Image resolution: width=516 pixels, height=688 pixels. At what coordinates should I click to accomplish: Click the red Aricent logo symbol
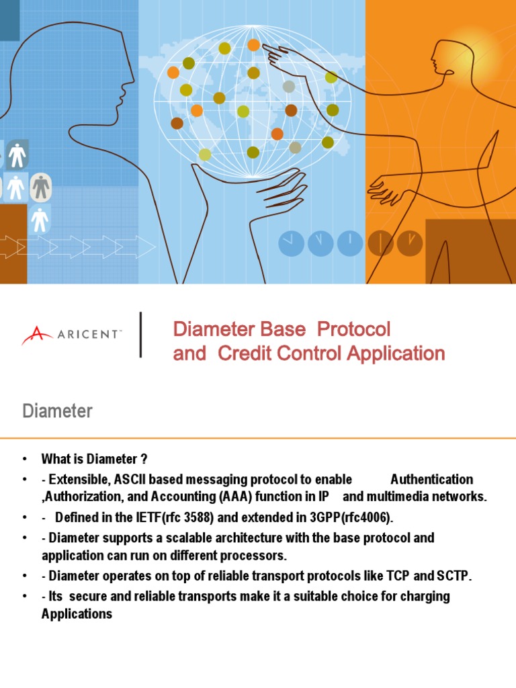tap(36, 335)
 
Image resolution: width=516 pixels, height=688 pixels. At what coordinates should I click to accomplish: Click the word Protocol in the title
tap(353, 329)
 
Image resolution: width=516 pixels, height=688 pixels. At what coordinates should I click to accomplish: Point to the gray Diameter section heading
tap(58, 411)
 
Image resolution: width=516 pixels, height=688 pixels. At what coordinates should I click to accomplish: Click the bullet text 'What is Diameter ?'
tap(94, 460)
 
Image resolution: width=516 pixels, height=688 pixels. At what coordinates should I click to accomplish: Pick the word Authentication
tap(431, 479)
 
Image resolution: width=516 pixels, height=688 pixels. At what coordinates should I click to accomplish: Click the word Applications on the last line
tap(77, 614)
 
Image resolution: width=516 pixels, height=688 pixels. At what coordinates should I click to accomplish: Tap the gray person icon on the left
tap(41, 186)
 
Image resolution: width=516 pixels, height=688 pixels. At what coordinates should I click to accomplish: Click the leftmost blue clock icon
tap(291, 243)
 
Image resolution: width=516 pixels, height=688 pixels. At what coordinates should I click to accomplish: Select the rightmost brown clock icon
tap(409, 243)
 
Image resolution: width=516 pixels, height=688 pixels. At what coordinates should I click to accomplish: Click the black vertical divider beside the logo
tap(140, 335)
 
